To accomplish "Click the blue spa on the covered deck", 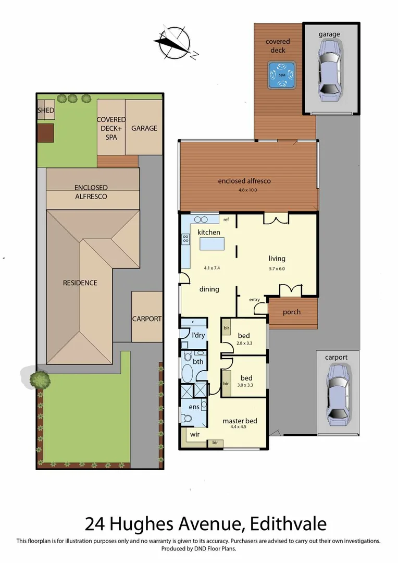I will tap(282, 75).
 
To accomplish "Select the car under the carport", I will tap(337, 392).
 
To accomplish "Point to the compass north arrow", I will tap(173, 41).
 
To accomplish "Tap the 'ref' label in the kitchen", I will tap(226, 220).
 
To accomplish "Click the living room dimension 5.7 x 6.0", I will tap(277, 269).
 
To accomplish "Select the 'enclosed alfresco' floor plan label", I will tap(244, 181).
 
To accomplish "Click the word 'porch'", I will tap(291, 313).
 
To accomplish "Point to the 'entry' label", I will tap(254, 299).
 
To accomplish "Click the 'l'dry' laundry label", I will tap(198, 335).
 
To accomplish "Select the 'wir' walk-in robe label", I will tap(194, 434).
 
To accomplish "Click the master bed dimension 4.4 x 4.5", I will tap(240, 427).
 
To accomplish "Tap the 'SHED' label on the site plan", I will tap(45, 111).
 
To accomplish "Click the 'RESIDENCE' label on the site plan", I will tap(80, 283).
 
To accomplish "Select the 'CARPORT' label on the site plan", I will tap(147, 319).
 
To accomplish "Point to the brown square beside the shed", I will tap(46, 132).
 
